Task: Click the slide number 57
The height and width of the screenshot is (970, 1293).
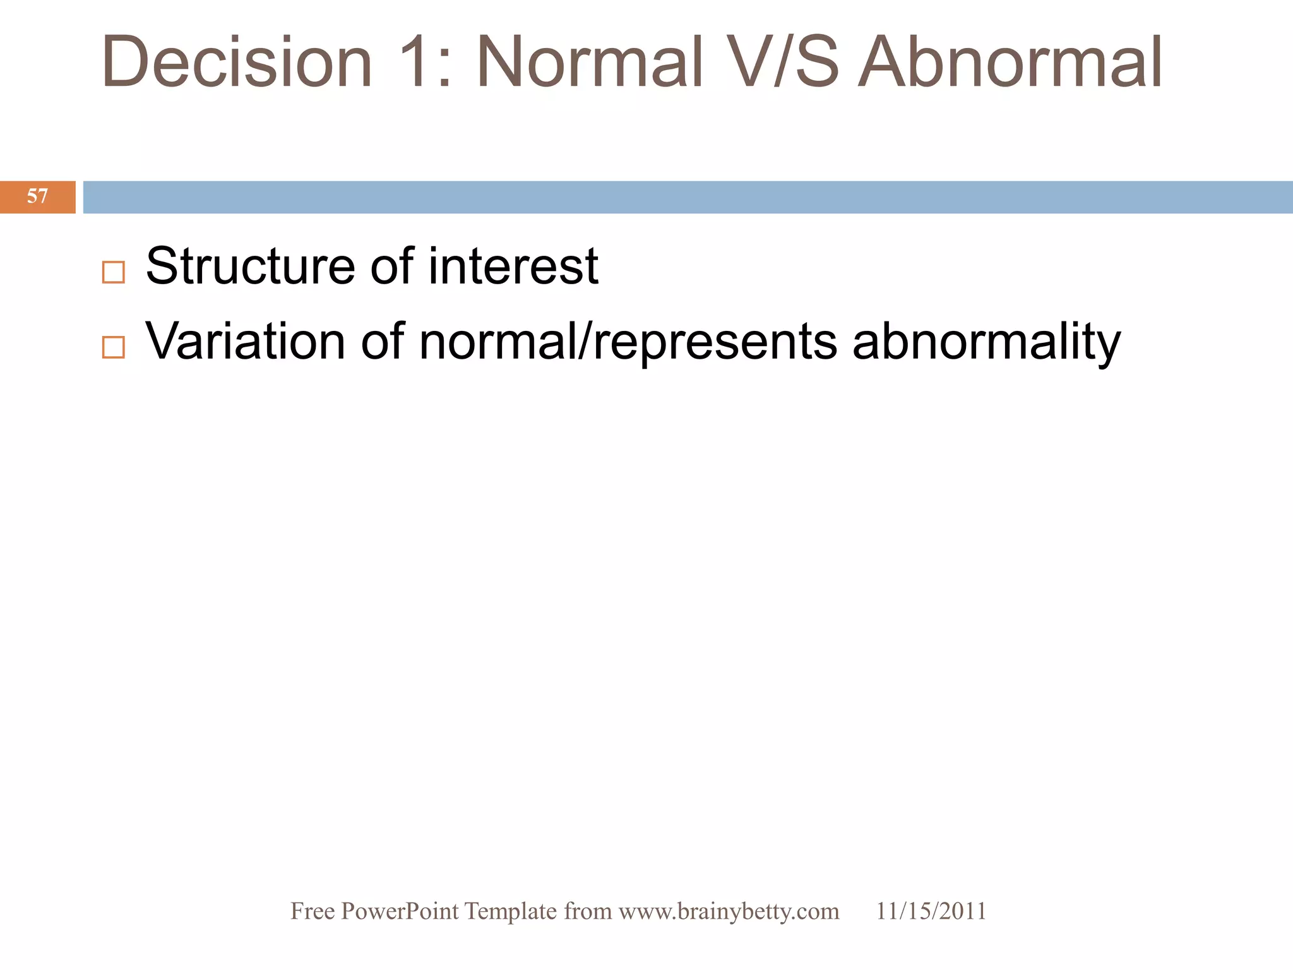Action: (37, 196)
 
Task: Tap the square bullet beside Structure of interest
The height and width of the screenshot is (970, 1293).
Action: (114, 272)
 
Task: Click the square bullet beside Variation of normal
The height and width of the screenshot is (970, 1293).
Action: (114, 347)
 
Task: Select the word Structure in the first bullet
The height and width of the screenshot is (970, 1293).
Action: (250, 266)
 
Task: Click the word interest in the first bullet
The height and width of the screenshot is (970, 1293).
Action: (513, 266)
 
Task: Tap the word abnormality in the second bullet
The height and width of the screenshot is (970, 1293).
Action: (986, 342)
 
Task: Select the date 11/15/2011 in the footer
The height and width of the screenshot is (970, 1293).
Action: (931, 911)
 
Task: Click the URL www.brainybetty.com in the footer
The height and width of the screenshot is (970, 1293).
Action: (729, 911)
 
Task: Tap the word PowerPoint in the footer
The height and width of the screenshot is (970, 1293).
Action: (400, 911)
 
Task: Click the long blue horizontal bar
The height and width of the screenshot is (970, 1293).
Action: (688, 197)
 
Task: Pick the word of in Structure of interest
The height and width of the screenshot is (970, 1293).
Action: (391, 266)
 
